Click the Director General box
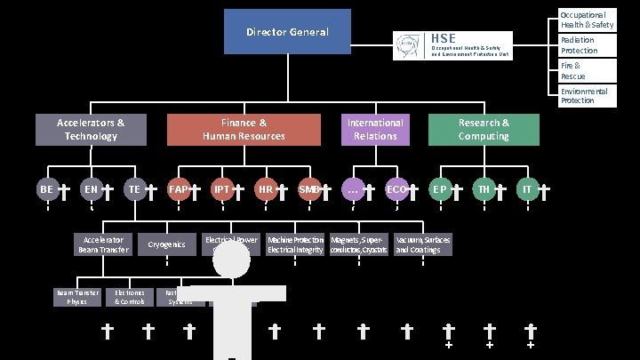[287, 32]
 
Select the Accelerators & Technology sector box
[91, 130]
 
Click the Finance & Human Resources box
[244, 130]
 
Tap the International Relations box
[375, 130]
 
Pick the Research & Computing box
[484, 130]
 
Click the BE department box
[47, 189]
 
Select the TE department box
[134, 189]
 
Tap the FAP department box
[178, 189]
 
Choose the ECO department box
[396, 189]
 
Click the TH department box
[484, 189]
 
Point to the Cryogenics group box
[166, 244]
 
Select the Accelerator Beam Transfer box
[103, 244]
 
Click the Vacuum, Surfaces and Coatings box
[423, 244]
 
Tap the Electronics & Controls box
[130, 297]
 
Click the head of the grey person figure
[231, 260]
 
